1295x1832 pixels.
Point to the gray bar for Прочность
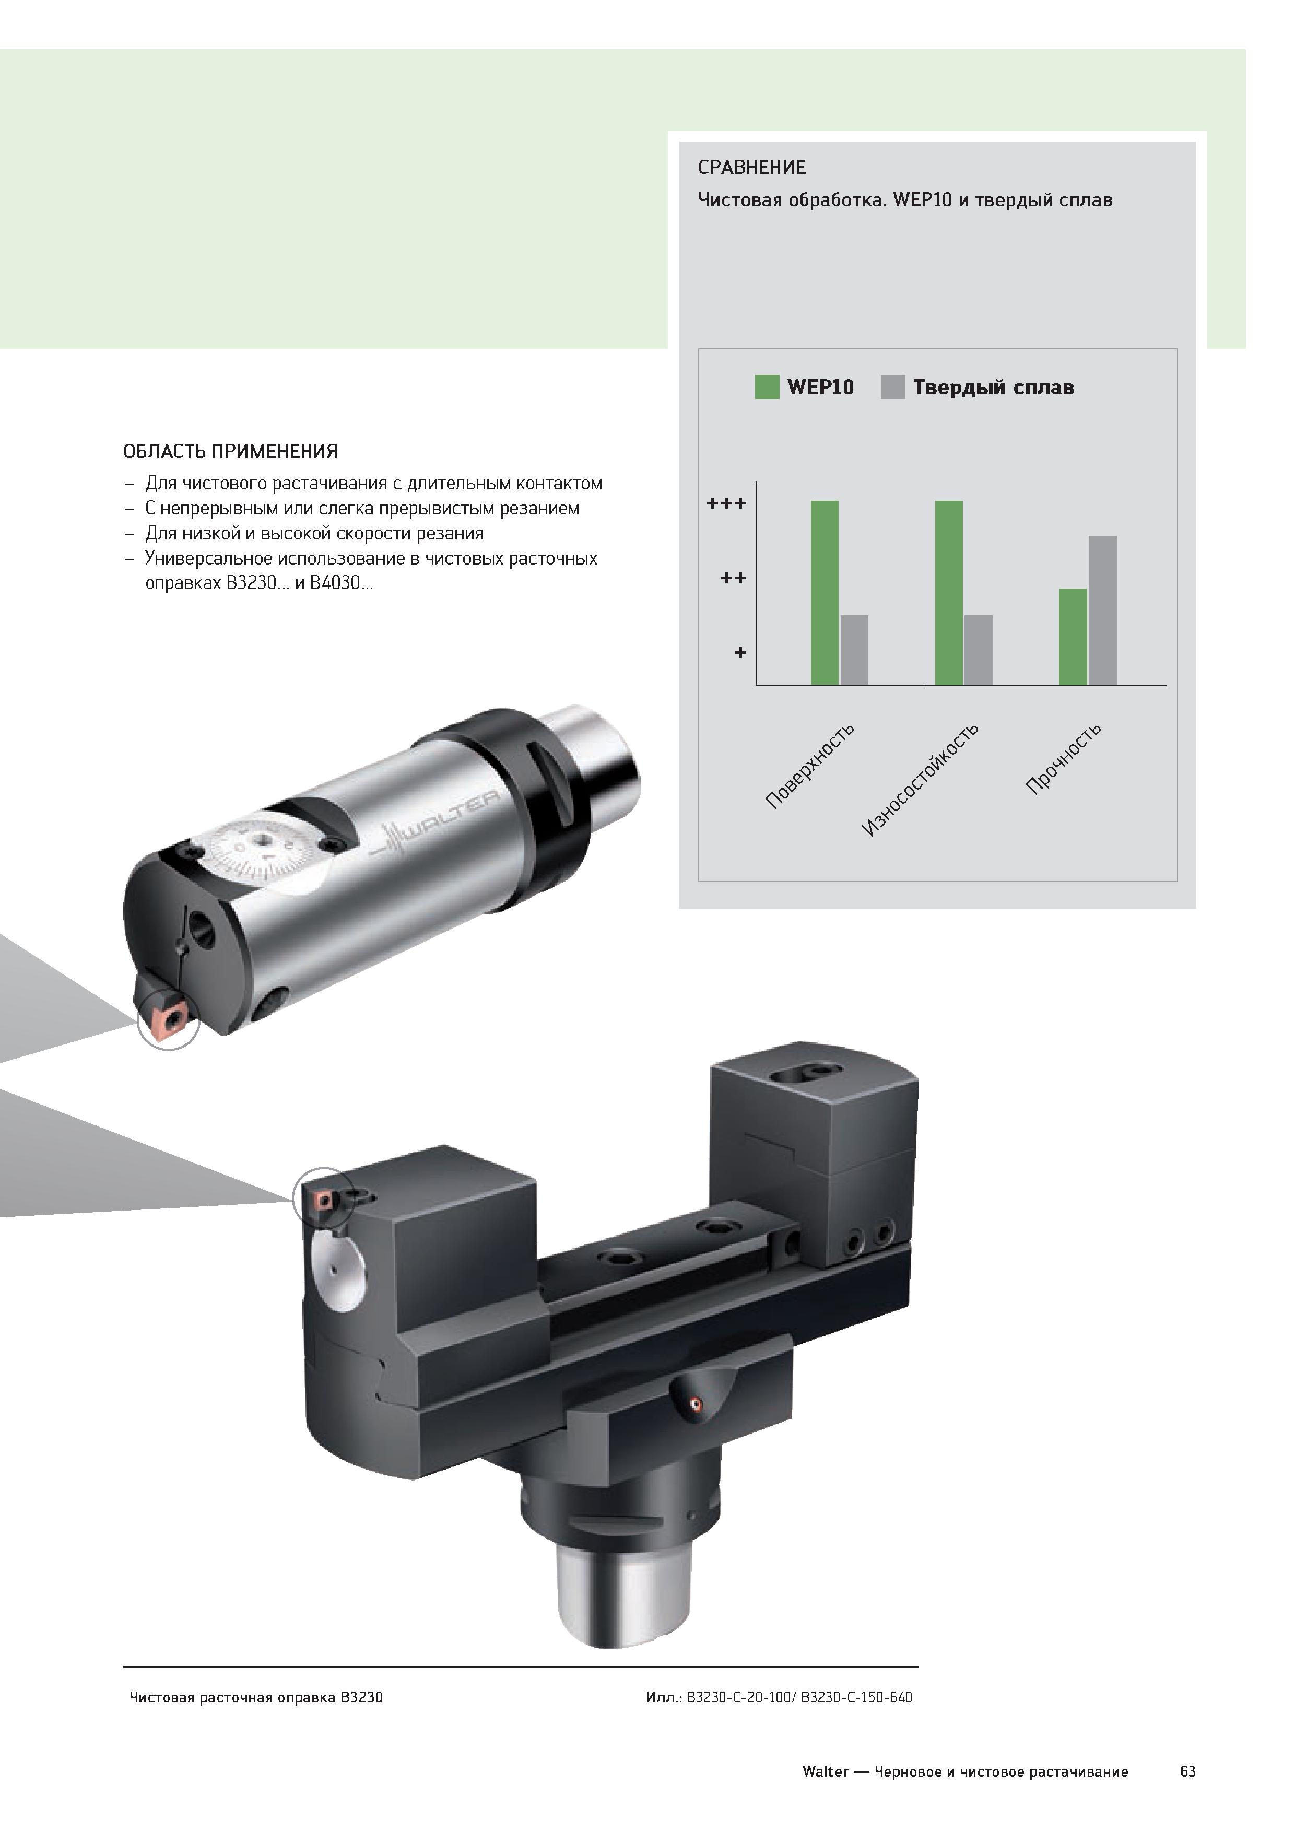click(1103, 610)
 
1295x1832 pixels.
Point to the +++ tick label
click(727, 503)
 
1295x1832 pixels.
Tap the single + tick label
click(740, 653)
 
